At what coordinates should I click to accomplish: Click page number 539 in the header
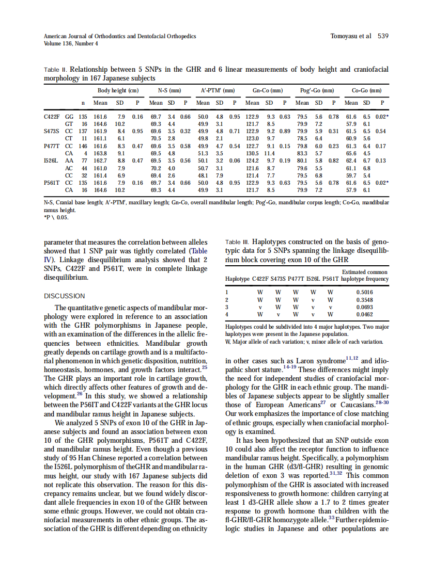[383, 36]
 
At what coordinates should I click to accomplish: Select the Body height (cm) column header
[118, 90]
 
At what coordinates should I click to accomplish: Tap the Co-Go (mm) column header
[366, 90]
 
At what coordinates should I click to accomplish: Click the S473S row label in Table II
[52, 132]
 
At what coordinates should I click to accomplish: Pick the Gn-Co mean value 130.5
[252, 153]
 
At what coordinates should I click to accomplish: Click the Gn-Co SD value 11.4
[270, 153]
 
